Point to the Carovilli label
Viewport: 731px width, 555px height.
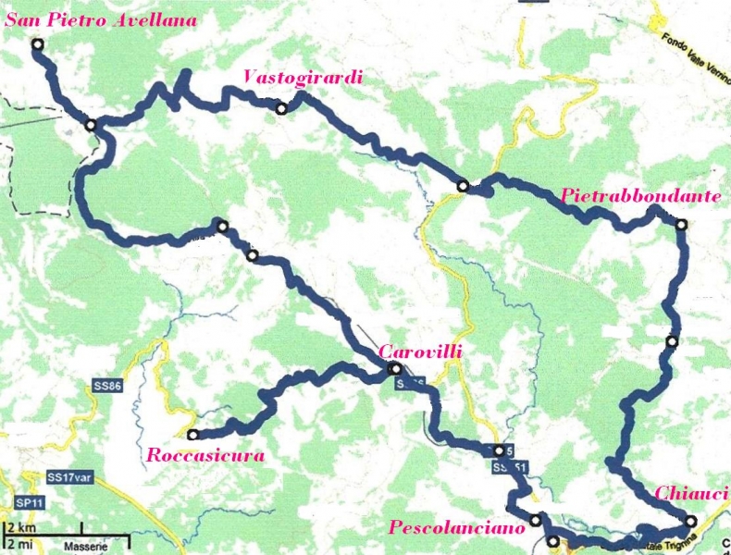tap(419, 351)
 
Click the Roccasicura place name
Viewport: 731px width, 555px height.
tap(205, 455)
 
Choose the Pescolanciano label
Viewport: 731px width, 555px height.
tap(456, 527)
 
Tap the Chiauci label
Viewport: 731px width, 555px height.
tap(692, 493)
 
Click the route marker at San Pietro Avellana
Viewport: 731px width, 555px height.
tap(38, 44)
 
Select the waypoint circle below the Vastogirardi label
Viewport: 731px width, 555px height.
tap(281, 108)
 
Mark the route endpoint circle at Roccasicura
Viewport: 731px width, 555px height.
tap(192, 435)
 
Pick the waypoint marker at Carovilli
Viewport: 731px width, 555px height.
tap(395, 369)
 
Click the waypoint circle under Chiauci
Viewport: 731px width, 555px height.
tap(689, 520)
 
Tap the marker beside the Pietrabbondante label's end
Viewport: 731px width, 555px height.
tap(682, 225)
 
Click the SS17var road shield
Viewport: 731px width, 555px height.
tap(67, 478)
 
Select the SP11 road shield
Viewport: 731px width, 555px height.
tap(20, 500)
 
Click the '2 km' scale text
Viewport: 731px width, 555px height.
tap(19, 527)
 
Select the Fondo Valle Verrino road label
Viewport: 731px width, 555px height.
tap(694, 42)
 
